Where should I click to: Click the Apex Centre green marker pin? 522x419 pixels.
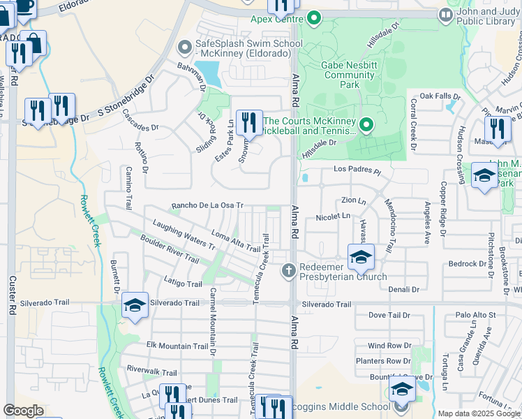coord(314,17)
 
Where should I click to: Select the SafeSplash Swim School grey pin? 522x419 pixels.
coord(185,47)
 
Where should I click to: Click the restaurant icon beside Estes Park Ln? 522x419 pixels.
coord(249,122)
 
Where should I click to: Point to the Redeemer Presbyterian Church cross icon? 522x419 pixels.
coord(288,270)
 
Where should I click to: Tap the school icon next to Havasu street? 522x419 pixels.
coord(361,257)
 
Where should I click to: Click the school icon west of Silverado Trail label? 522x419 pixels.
coord(135,305)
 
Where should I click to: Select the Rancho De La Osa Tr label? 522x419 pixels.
coord(207,206)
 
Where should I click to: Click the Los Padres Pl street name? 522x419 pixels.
coord(358,170)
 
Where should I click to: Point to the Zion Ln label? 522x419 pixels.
coord(354,200)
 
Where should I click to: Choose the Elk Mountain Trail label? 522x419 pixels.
coord(177,346)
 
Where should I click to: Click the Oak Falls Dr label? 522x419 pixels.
coord(440,96)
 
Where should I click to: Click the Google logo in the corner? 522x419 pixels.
coord(23,411)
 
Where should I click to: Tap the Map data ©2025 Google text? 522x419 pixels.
coord(478,413)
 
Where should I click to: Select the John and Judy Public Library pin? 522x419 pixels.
coord(445,14)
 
